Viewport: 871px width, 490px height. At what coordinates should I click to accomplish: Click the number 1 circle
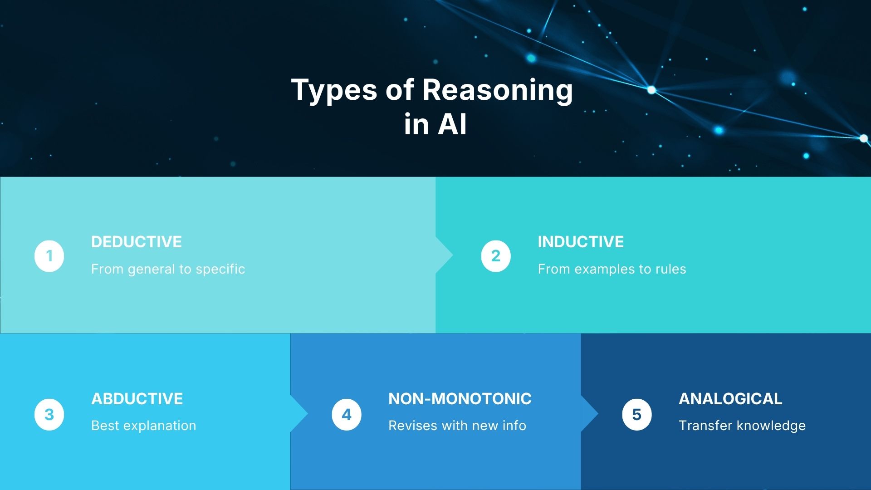(x=49, y=256)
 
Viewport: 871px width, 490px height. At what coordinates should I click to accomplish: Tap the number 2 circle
(x=496, y=256)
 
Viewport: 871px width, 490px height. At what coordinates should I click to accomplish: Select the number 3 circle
(x=49, y=414)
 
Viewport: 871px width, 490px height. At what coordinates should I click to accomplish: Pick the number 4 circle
(x=347, y=414)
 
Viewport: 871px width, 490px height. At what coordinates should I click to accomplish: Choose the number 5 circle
(x=637, y=414)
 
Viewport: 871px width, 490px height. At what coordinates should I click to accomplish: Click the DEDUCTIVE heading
(x=136, y=242)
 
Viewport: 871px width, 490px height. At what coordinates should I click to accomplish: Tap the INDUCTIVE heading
(x=581, y=242)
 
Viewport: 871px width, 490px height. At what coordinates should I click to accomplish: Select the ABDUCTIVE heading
(x=137, y=399)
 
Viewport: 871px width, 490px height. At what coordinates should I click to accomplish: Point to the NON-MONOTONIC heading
(x=460, y=399)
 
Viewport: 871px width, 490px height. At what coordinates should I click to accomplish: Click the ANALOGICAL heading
(x=730, y=399)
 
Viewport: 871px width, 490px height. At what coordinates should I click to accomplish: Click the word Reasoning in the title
(x=498, y=90)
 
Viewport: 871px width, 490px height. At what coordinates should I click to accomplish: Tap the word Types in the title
(x=334, y=90)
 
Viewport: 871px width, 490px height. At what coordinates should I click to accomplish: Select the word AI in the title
(x=452, y=124)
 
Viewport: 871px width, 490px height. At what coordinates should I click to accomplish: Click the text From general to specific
(x=168, y=269)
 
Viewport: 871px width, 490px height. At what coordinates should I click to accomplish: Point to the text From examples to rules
(x=612, y=269)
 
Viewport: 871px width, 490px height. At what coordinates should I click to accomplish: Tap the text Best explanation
(x=144, y=426)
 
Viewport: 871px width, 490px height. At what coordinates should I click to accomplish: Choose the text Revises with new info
(x=457, y=426)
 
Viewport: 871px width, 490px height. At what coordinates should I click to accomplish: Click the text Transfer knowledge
(x=742, y=426)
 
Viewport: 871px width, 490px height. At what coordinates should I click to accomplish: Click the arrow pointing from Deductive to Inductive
(x=444, y=255)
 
